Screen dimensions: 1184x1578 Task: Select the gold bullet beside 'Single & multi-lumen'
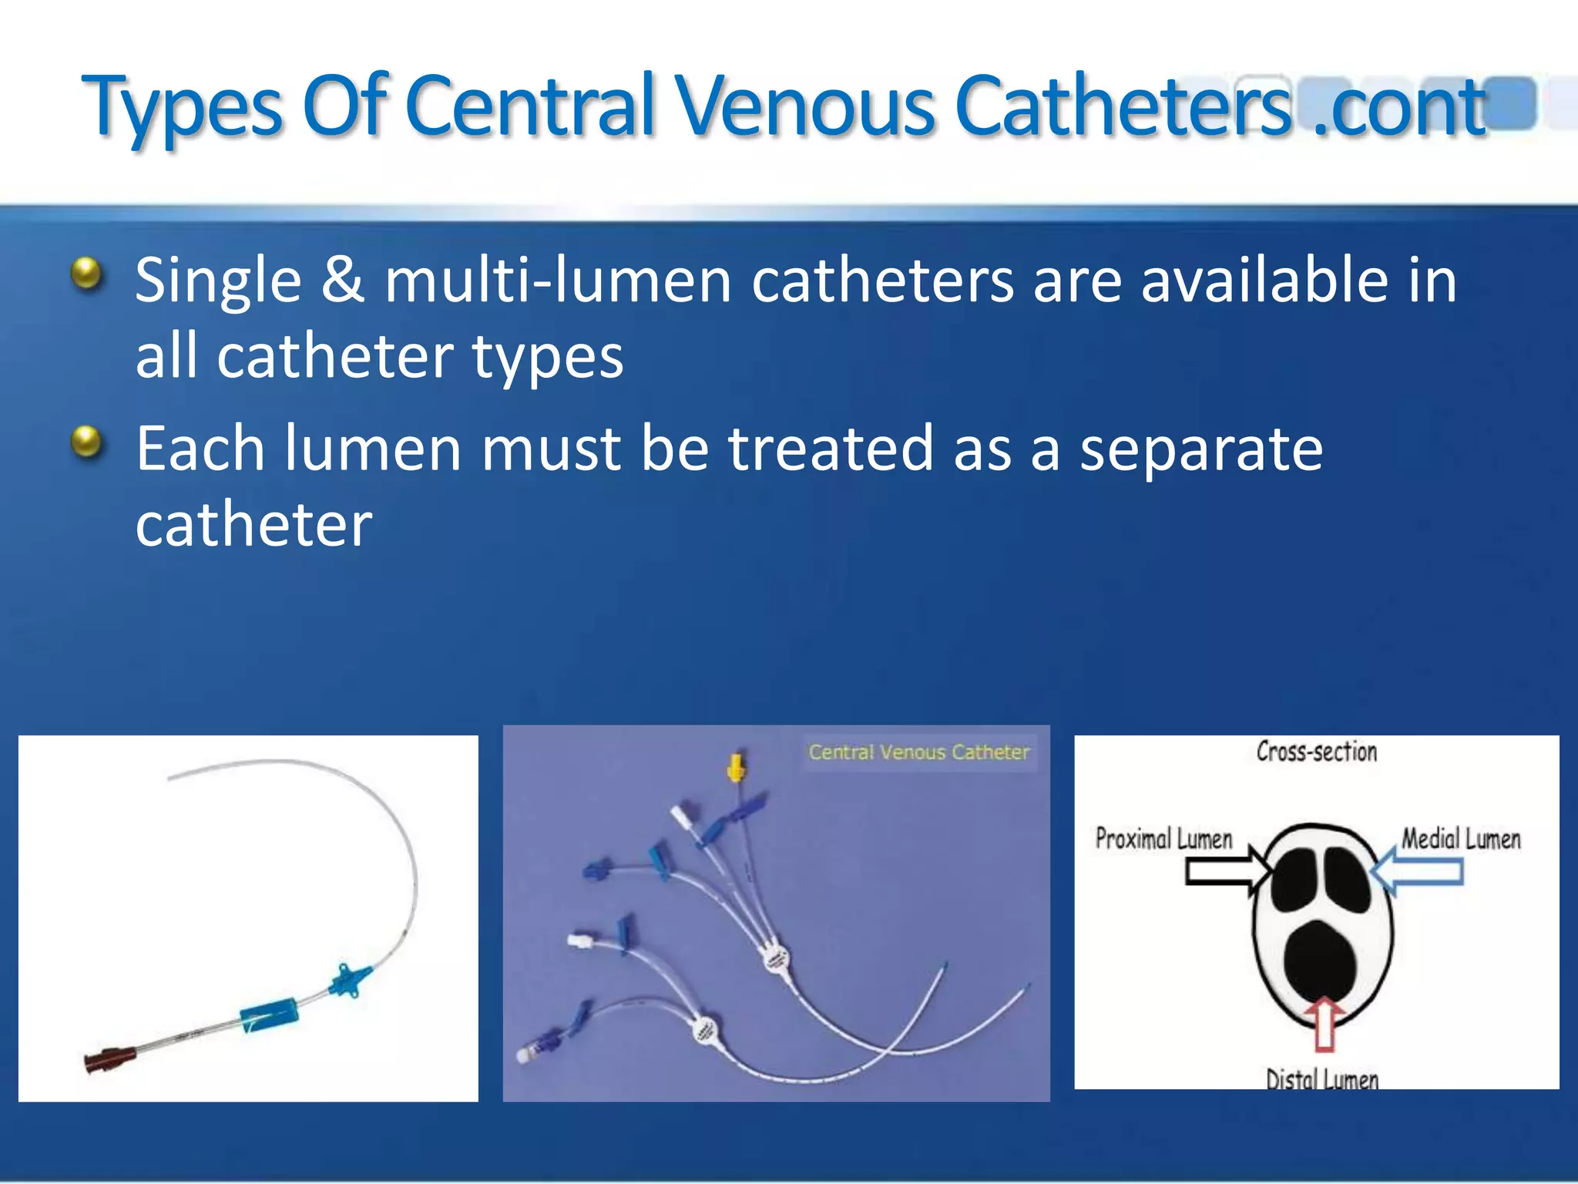click(x=87, y=274)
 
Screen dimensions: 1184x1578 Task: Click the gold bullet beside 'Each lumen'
click(x=87, y=442)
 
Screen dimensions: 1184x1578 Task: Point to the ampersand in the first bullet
click(x=342, y=279)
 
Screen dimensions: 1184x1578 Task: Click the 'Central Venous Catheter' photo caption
click(x=918, y=752)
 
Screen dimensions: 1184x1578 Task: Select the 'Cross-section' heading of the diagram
click(x=1316, y=752)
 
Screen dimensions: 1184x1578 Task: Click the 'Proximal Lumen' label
click(x=1163, y=839)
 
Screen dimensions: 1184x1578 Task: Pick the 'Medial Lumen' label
click(x=1461, y=839)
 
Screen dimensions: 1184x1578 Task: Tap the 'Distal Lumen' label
click(x=1322, y=1078)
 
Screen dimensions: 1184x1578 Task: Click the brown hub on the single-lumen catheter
click(x=108, y=1061)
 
